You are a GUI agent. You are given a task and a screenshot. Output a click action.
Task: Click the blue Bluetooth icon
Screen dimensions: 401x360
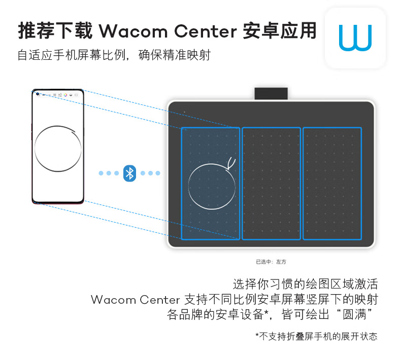129,173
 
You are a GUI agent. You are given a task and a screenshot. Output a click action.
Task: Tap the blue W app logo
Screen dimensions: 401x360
355,38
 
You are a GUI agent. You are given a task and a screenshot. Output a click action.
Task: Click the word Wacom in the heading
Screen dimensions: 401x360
133,31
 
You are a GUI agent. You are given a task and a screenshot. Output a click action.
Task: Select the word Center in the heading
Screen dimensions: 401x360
206,31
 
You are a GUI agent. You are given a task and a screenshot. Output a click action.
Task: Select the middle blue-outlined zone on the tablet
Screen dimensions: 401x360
271,184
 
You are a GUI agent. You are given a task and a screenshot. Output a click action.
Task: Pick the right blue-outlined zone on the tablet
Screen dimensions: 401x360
332,184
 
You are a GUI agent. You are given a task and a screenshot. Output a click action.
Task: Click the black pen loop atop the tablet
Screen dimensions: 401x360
271,93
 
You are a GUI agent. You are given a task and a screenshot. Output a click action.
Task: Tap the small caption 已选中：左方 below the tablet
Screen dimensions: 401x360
271,262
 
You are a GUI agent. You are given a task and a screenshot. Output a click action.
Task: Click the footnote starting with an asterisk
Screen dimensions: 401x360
316,336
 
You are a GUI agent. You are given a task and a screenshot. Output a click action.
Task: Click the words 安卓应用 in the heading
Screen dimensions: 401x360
279,30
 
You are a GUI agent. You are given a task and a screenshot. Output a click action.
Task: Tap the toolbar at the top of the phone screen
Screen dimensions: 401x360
57,95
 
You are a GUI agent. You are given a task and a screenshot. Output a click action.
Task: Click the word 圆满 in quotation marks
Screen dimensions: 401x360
354,314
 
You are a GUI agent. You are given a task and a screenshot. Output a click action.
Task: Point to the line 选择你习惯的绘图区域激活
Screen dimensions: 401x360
305,284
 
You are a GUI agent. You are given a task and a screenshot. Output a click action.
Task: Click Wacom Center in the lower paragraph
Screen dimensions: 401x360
136,300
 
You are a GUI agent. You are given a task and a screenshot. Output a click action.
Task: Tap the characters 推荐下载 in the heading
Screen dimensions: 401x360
55,30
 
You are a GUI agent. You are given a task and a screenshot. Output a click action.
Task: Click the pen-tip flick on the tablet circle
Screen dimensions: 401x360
231,163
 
